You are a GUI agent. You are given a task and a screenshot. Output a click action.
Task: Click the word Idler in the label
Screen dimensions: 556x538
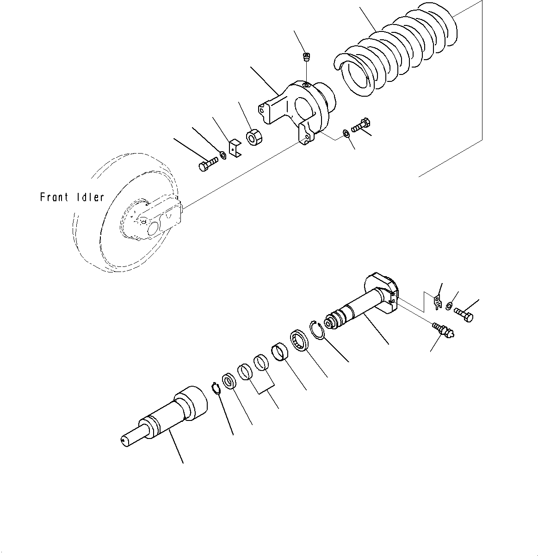(x=90, y=198)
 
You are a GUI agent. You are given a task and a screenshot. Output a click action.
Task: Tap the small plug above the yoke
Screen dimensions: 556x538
(x=306, y=57)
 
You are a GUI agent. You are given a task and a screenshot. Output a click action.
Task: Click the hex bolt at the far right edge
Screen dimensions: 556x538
(x=464, y=314)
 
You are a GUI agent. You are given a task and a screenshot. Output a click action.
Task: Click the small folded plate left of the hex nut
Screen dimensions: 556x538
(x=235, y=148)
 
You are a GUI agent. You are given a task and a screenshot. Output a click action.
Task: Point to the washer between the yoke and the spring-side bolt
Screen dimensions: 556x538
(x=345, y=134)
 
